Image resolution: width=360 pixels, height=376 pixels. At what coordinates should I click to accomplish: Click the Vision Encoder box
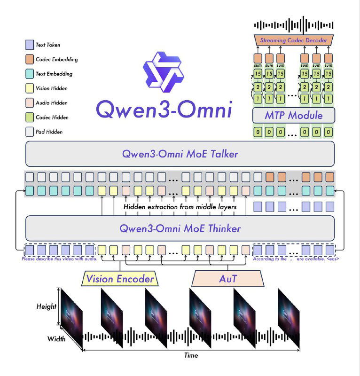pyautogui.click(x=119, y=279)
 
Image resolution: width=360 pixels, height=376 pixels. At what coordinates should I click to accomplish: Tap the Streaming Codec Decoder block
pyautogui.click(x=293, y=40)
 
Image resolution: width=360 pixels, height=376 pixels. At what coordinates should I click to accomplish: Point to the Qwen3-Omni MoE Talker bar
pyautogui.click(x=180, y=154)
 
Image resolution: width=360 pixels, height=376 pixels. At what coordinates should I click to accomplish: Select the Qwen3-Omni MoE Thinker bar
pyautogui.click(x=180, y=229)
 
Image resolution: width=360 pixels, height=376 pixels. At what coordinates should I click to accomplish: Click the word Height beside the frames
pyautogui.click(x=47, y=306)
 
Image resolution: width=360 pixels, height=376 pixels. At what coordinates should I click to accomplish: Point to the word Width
pyautogui.click(x=56, y=339)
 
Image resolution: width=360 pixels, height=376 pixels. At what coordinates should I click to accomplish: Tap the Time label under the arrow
pyautogui.click(x=191, y=355)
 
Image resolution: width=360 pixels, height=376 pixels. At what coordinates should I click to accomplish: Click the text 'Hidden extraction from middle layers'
pyautogui.click(x=180, y=207)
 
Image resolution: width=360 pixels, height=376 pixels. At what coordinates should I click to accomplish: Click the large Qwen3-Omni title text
pyautogui.click(x=164, y=110)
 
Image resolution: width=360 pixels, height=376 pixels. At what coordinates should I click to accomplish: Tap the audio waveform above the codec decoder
pyautogui.click(x=293, y=24)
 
